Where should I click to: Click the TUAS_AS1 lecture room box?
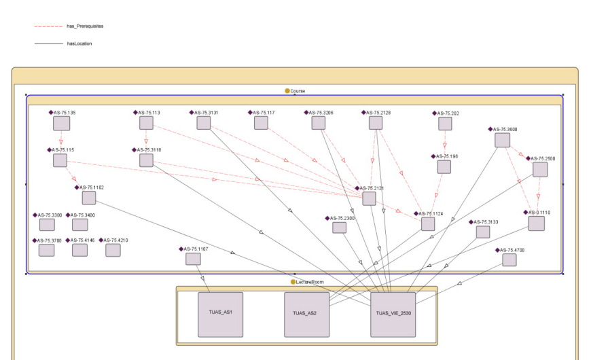tap(220, 314)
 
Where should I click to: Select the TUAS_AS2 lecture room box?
tap(306, 314)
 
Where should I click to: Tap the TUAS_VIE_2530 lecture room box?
tap(393, 314)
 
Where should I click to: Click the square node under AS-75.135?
tap(62, 124)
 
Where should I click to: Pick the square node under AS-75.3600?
tap(502, 140)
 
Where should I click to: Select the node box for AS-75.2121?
tap(369, 198)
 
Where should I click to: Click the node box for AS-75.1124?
tap(428, 223)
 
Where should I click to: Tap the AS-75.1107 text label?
tap(196, 249)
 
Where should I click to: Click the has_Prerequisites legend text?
tap(85, 26)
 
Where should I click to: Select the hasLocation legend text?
tap(79, 43)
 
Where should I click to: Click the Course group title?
tap(298, 90)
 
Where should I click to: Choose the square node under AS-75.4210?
tap(113, 250)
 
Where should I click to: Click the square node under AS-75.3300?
tap(47, 225)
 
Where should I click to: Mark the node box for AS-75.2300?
tap(339, 228)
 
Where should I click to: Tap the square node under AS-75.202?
tap(445, 124)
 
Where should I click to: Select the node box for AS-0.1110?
tap(537, 223)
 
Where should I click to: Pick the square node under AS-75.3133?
tap(483, 232)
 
